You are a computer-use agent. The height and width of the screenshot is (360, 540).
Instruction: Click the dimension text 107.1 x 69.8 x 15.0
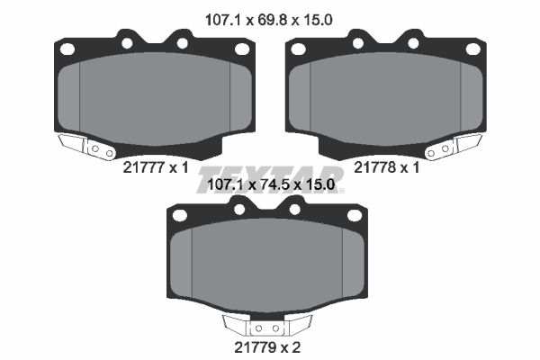click(268, 20)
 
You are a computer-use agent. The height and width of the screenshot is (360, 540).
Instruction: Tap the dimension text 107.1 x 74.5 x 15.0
click(271, 185)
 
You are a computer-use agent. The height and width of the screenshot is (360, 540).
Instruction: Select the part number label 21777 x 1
click(156, 167)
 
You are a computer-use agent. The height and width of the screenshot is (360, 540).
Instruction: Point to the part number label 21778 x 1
click(387, 167)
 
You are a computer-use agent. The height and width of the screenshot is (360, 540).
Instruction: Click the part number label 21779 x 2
click(267, 347)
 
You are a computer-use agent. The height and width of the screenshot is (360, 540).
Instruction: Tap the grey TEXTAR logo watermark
click(270, 179)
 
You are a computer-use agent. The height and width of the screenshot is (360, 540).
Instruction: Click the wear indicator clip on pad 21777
click(86, 147)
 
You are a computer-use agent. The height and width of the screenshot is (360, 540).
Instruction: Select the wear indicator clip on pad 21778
click(454, 147)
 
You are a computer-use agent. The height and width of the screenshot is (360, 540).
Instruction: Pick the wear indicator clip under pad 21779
click(267, 325)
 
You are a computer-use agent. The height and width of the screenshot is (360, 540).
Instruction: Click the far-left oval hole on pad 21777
click(67, 49)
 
